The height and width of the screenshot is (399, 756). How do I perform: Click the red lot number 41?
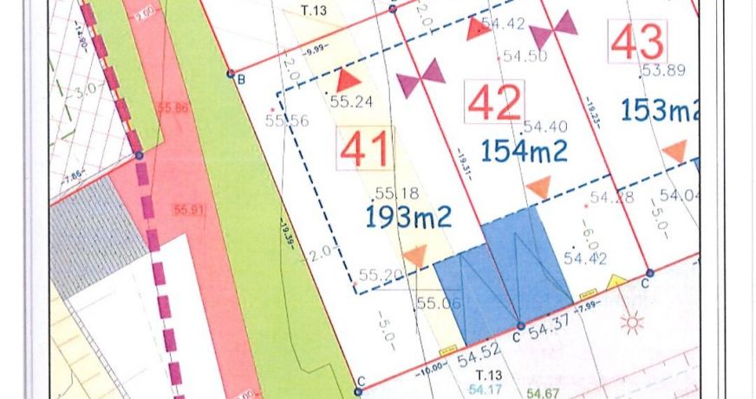(x=364, y=149)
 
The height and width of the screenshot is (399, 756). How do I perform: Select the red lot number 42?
(x=494, y=102)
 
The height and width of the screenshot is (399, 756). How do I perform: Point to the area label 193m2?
(x=408, y=217)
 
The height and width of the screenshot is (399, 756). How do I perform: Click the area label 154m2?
(x=526, y=151)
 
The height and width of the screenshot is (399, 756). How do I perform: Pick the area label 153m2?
(x=660, y=110)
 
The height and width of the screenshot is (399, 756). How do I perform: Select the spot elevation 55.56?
(x=287, y=121)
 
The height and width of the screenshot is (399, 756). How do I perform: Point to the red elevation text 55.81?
(x=188, y=210)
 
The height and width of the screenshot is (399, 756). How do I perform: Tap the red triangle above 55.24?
(x=347, y=80)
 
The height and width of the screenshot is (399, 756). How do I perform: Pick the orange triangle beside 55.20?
(x=415, y=256)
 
